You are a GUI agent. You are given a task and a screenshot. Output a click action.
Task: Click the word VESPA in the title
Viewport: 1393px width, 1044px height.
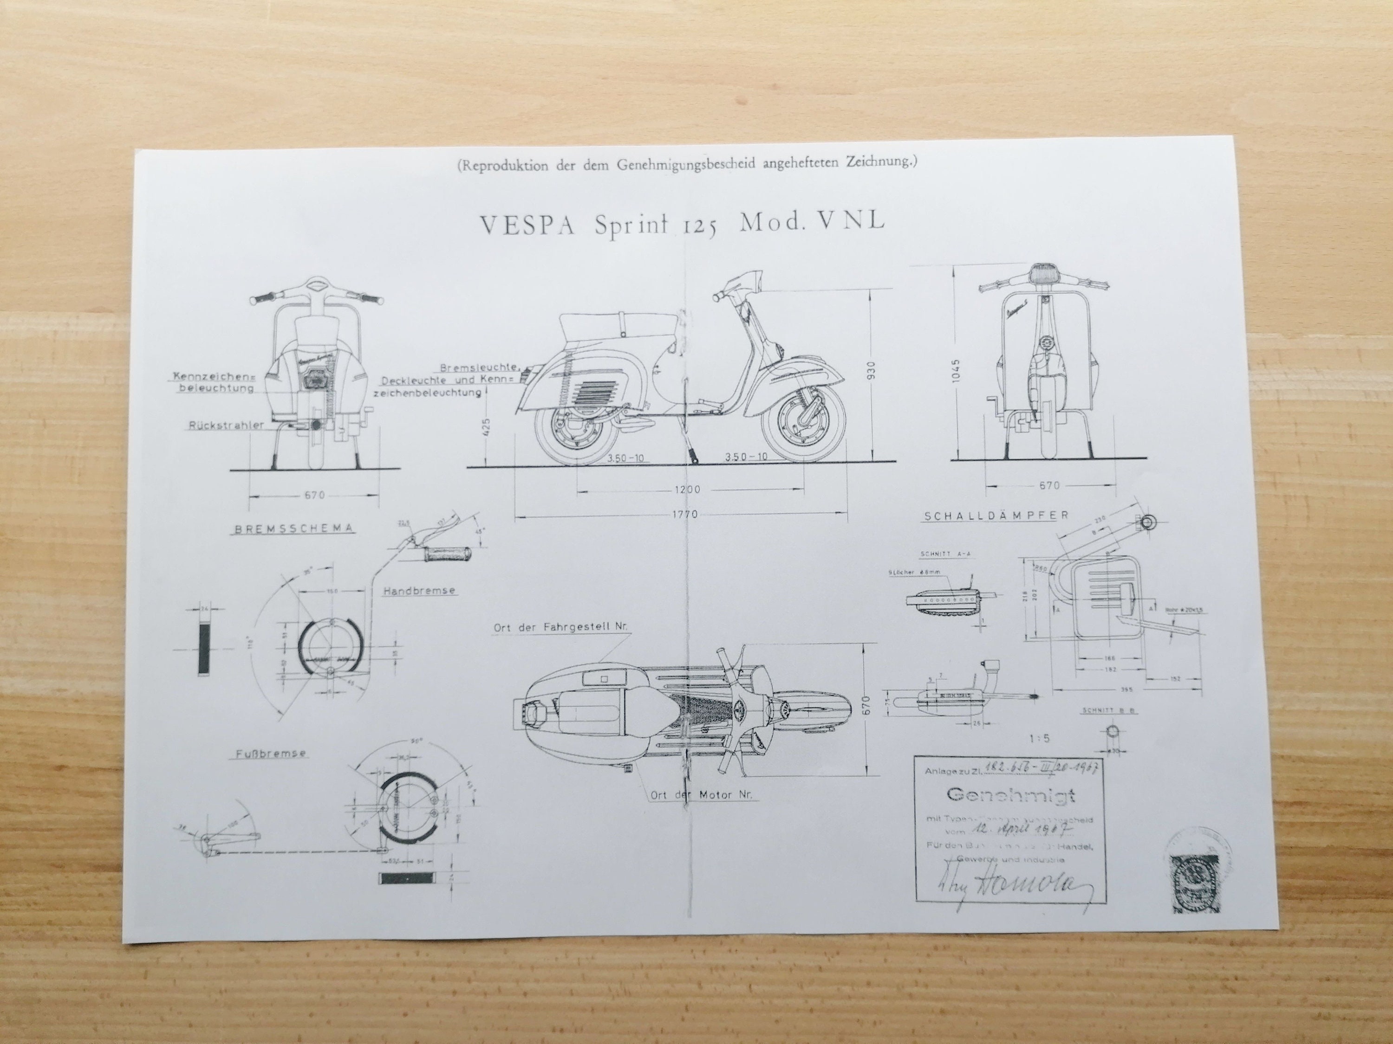pos(527,226)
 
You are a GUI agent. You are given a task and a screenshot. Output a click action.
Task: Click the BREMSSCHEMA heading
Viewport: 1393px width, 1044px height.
pos(294,529)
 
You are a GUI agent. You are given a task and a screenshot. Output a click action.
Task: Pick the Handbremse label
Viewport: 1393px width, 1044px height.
pos(419,591)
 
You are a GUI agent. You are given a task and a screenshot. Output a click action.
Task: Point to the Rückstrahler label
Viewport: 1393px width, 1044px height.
pos(217,426)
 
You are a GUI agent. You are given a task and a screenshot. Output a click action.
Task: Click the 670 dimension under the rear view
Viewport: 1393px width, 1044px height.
pos(314,495)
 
